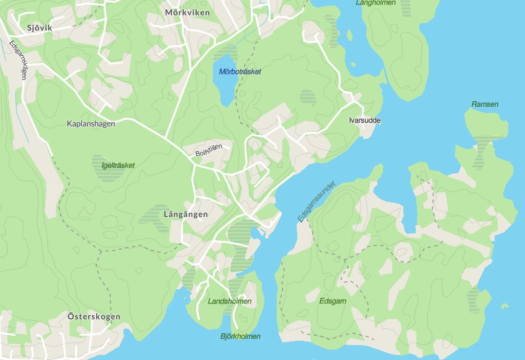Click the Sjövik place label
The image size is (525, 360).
pyautogui.click(x=38, y=27)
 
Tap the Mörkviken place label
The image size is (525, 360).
pyautogui.click(x=187, y=12)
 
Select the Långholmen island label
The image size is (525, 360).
pyautogui.click(x=377, y=3)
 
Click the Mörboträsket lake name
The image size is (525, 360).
pyautogui.click(x=240, y=71)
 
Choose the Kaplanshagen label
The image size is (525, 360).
pyautogui.click(x=91, y=124)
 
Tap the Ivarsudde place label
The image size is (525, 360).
pyautogui.click(x=365, y=120)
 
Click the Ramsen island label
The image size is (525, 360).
pyautogui.click(x=485, y=104)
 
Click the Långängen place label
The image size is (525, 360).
pyautogui.click(x=186, y=214)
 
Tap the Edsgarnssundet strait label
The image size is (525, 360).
pyautogui.click(x=316, y=202)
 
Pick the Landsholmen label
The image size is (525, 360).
pyautogui.click(x=230, y=301)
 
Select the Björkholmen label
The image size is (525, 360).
pyautogui.click(x=240, y=336)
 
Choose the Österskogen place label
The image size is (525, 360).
pyautogui.click(x=94, y=317)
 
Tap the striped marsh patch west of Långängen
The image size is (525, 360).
pyautogui.click(x=153, y=217)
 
